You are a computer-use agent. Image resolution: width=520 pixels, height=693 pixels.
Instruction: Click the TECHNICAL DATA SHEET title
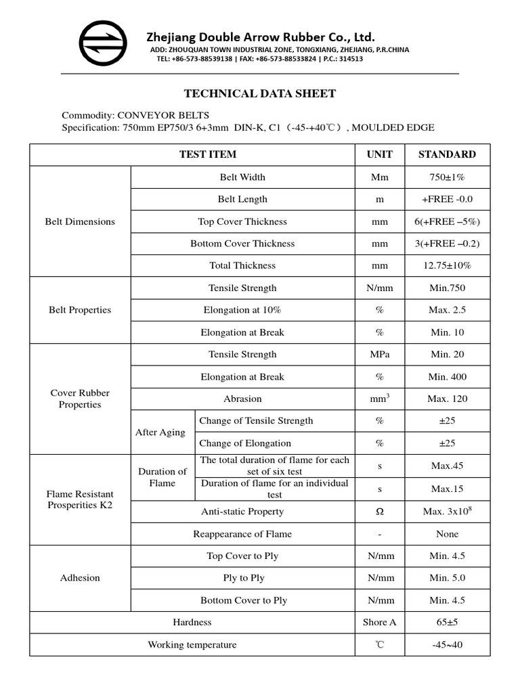[260, 94]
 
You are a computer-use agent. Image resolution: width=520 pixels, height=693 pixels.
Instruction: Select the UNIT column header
[379, 154]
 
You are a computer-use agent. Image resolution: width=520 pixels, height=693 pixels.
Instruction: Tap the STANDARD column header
[447, 154]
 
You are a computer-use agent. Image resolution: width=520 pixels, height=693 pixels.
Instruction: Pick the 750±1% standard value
[447, 177]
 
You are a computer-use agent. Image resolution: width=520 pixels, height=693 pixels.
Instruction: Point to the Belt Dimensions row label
[80, 221]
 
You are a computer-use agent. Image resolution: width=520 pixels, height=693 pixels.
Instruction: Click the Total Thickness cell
[242, 265]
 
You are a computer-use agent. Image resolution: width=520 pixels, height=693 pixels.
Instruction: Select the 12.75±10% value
[447, 265]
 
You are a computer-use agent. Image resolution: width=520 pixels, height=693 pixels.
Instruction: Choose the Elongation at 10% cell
[242, 310]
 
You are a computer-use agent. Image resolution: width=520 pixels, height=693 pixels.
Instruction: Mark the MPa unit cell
[379, 354]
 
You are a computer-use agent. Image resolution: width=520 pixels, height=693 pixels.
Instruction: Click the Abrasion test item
[242, 399]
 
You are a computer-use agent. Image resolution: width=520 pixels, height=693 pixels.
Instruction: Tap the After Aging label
[160, 432]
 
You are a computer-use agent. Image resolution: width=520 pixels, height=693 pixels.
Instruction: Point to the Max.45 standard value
[447, 466]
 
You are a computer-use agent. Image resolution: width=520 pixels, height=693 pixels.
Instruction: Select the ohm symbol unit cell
[379, 512]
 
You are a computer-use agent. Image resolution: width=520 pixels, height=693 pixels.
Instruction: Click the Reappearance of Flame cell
[242, 534]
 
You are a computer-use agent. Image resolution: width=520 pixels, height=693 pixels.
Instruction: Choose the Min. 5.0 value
[447, 578]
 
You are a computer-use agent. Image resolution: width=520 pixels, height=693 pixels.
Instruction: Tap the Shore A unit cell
[379, 622]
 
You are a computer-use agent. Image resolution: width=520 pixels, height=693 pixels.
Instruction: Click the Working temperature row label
[192, 645]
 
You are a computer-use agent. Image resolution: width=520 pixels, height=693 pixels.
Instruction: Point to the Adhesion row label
[80, 578]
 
